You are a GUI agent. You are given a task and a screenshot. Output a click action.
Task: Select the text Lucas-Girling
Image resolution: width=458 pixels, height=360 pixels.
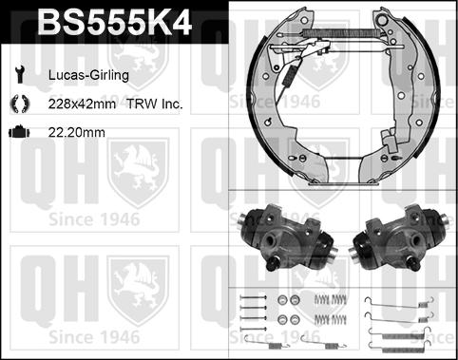pyautogui.click(x=83, y=73)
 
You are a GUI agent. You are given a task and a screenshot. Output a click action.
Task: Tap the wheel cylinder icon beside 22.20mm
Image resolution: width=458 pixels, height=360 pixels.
pyautogui.click(x=19, y=134)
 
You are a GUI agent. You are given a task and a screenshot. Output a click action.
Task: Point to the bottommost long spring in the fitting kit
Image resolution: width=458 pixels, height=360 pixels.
pyautogui.click(x=390, y=339)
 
